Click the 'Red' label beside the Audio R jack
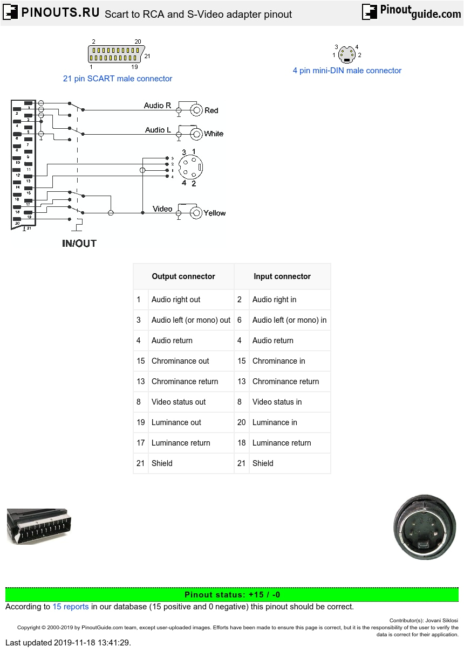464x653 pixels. tap(211, 110)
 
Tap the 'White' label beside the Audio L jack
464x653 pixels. tap(214, 134)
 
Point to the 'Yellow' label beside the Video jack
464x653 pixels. tap(215, 213)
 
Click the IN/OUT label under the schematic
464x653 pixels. tap(79, 244)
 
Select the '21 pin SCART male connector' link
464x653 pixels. tap(118, 79)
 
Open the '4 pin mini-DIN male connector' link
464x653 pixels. tap(347, 71)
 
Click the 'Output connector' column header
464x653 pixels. tap(183, 276)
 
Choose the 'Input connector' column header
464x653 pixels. tap(282, 276)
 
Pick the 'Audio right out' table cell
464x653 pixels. tap(176, 300)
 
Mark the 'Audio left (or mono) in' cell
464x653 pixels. tap(289, 320)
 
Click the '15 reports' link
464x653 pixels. tap(70, 607)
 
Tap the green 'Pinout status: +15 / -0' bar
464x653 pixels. tap(232, 595)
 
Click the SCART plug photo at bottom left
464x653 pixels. tap(38, 526)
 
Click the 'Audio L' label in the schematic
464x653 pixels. tap(158, 130)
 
